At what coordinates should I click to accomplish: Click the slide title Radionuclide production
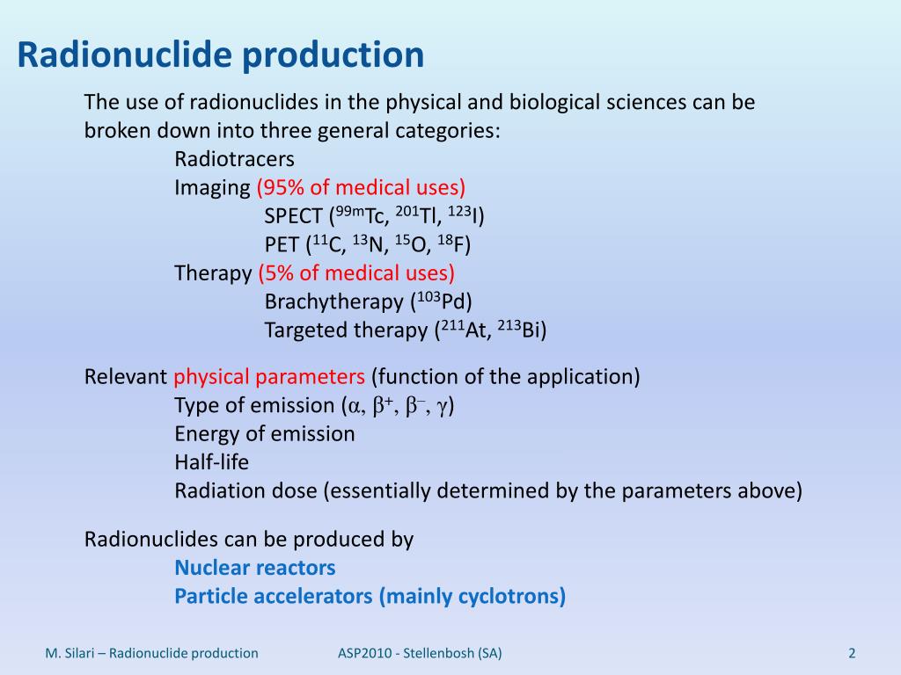click(221, 55)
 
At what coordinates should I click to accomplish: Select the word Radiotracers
click(234, 159)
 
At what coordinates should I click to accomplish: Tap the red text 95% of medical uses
click(361, 187)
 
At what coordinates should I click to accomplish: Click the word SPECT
click(294, 216)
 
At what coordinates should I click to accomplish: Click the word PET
click(281, 245)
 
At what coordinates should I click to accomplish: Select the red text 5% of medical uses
click(356, 273)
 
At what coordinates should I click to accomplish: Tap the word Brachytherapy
click(333, 302)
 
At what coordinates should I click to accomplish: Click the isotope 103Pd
click(443, 301)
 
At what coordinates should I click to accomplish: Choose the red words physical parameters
click(269, 377)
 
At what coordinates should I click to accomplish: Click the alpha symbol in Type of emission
click(355, 407)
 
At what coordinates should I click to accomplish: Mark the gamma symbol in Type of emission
click(443, 407)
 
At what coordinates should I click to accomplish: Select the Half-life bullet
click(211, 462)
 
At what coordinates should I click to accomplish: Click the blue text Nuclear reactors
click(255, 567)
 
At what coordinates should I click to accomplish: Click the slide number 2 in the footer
click(852, 653)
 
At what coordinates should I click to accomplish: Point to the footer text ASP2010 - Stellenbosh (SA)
click(421, 653)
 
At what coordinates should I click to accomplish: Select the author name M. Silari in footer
click(75, 653)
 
